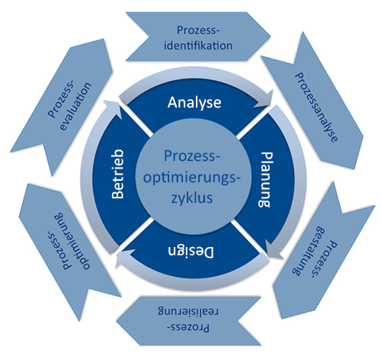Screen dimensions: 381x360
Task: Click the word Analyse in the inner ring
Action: point(194,103)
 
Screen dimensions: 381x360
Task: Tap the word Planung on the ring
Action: point(266,179)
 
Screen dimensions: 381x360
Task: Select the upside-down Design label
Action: point(190,252)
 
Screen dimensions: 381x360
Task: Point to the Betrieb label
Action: point(118,174)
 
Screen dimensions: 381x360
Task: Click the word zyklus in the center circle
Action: point(192,198)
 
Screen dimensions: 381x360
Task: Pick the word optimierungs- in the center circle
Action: point(191,177)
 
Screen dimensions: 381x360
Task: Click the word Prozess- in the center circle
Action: point(192,156)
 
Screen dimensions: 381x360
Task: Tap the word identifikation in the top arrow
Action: point(198,46)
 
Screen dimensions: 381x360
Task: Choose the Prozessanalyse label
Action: point(316,108)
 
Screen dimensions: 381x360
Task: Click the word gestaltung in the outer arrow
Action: point(308,251)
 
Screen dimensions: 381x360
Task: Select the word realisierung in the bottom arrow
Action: point(188,312)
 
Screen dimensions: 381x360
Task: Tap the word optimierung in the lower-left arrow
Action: point(72,241)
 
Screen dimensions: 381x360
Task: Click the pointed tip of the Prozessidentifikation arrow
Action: point(271,37)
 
